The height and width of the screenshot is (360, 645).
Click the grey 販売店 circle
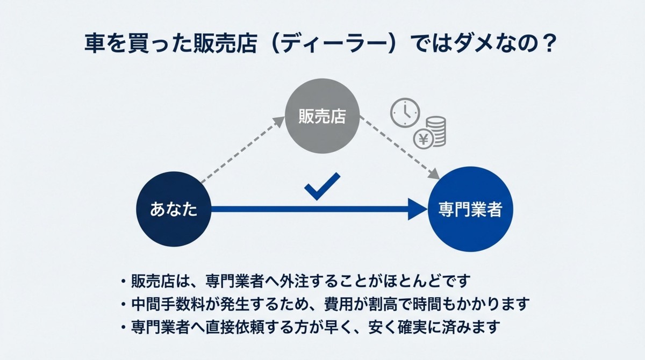coord(322,117)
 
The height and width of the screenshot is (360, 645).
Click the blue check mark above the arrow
coord(322,186)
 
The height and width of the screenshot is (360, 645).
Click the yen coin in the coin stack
coord(423,139)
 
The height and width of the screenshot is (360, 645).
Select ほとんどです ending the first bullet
coord(431,281)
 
